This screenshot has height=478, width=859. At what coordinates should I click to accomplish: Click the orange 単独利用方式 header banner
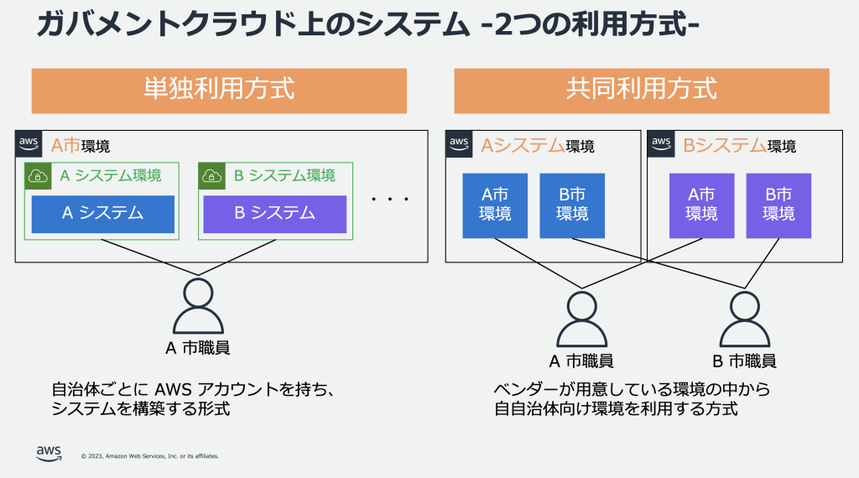(219, 90)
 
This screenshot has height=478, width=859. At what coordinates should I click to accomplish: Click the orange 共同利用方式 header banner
(642, 90)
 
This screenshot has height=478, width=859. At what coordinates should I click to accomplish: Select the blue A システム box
(102, 214)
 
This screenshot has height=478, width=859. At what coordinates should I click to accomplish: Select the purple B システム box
(274, 214)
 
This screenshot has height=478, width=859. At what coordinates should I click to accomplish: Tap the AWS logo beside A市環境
(29, 143)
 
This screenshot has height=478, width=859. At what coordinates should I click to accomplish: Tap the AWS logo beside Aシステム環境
(459, 143)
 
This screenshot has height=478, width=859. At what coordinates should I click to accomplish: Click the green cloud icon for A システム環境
(38, 175)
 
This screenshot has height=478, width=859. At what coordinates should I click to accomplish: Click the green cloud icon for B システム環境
(211, 175)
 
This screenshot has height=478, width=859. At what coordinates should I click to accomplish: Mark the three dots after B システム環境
(390, 200)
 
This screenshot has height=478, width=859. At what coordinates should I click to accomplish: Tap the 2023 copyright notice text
(150, 456)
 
